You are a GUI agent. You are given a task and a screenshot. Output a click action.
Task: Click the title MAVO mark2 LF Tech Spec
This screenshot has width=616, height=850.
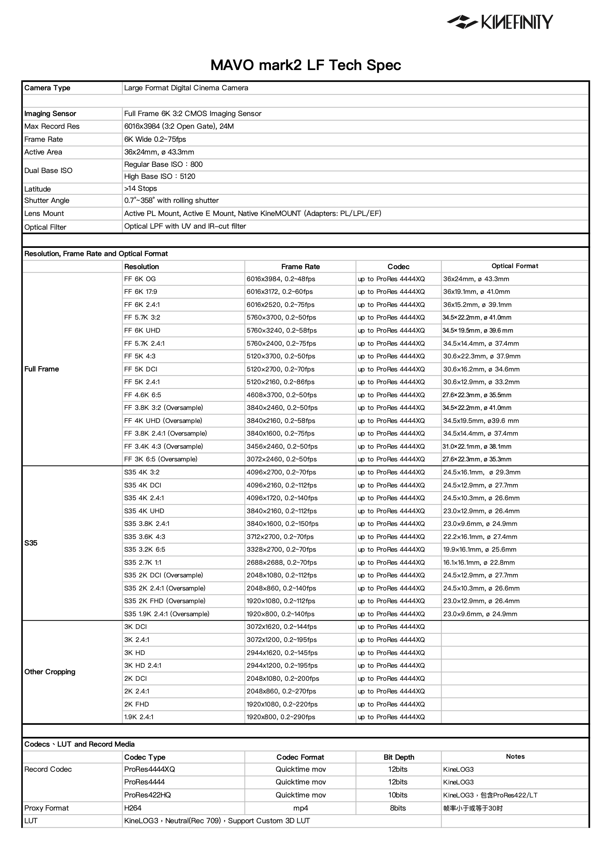(306, 65)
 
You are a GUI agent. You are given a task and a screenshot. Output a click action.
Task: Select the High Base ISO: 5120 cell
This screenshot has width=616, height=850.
(160, 176)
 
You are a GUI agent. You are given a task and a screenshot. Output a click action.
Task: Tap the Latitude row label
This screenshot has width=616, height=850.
(37, 189)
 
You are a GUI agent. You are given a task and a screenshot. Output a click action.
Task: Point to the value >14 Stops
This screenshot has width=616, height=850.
(140, 188)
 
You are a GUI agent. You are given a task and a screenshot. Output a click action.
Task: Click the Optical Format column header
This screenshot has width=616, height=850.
(514, 266)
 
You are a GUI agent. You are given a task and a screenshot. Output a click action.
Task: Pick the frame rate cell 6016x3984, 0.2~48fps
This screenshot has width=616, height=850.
(281, 279)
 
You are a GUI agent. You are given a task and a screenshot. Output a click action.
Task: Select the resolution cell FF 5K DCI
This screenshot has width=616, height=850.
(140, 369)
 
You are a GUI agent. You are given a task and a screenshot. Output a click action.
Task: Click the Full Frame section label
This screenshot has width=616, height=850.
(42, 369)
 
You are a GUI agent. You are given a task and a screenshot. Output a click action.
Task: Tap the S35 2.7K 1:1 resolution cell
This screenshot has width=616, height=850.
(143, 563)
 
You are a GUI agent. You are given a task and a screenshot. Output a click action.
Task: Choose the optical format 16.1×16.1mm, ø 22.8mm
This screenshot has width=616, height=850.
(479, 563)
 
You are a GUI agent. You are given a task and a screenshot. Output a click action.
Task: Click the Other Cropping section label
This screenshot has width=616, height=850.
(49, 672)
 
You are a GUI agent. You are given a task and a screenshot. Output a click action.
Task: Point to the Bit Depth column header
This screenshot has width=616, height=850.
(399, 757)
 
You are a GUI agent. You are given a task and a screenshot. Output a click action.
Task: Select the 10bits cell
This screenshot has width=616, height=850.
(398, 795)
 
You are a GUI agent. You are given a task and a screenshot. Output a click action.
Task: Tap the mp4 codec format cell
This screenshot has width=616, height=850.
(300, 808)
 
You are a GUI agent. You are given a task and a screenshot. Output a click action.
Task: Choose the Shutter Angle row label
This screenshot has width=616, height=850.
(46, 200)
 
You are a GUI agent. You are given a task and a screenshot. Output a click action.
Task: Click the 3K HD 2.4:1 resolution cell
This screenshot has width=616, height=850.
(143, 666)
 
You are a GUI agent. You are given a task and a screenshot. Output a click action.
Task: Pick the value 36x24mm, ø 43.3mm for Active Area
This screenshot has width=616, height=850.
(159, 152)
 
